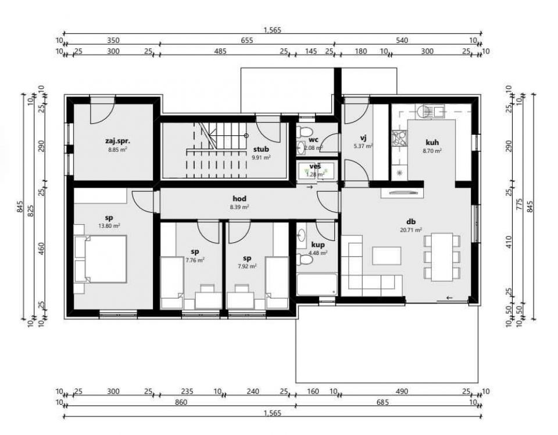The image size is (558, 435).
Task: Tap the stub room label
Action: click(261, 149)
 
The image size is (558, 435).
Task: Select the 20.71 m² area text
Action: click(411, 230)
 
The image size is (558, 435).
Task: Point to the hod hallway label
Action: click(239, 199)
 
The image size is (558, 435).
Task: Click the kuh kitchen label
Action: click(432, 142)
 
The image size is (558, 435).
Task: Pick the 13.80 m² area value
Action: click(109, 225)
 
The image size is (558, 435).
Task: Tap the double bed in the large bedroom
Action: click(101, 259)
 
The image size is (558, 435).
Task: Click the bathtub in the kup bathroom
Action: click(317, 284)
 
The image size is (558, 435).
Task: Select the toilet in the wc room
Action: click(304, 132)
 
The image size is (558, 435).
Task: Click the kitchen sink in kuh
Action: click(430, 112)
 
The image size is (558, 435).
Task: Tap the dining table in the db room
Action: click(442, 256)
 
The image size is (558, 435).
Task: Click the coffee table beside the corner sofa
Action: click(387, 256)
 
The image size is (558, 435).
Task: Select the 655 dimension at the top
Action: click(247, 41)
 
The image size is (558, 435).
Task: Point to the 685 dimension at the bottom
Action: click(382, 402)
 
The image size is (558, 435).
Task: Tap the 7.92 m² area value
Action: click(247, 266)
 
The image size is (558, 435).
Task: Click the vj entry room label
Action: click(363, 138)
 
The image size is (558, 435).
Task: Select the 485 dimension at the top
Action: click(220, 51)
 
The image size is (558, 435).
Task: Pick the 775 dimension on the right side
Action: click(520, 206)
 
